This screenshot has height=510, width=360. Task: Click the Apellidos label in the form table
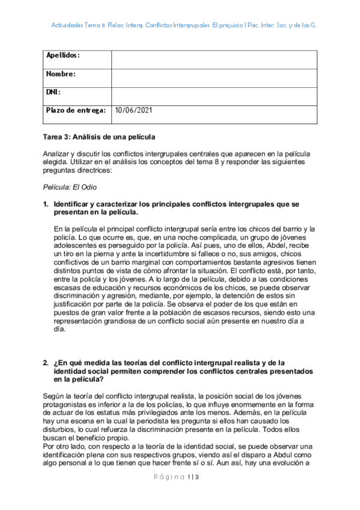coord(63,55)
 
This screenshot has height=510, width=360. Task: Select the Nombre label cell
coord(61,74)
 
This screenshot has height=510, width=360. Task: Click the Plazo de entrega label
coord(76,111)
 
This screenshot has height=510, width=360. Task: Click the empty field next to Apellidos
coord(214,60)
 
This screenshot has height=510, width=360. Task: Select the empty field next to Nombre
coord(214,78)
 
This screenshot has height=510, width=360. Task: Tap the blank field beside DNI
coord(214,96)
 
